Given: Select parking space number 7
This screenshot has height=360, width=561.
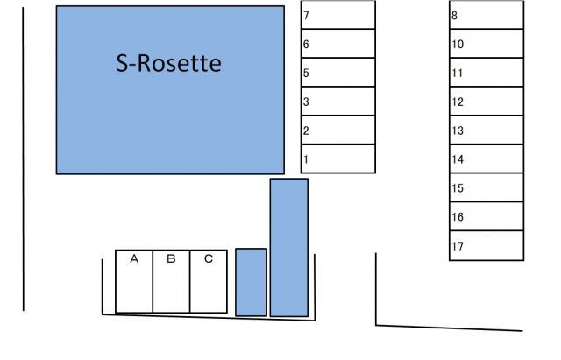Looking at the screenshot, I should click(x=337, y=16).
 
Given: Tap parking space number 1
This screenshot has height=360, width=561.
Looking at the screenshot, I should click(x=337, y=159).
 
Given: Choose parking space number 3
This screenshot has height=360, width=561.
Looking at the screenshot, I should click(x=337, y=102).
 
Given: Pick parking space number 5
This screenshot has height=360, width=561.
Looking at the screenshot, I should click(x=337, y=73).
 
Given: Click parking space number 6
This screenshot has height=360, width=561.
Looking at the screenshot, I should click(x=337, y=44).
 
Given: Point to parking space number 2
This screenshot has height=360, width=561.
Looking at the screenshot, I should click(x=337, y=131).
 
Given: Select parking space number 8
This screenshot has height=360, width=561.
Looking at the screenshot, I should click(x=487, y=15).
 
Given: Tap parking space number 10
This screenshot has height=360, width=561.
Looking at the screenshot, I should click(x=487, y=44).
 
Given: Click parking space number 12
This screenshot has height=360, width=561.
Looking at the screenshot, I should click(x=487, y=102).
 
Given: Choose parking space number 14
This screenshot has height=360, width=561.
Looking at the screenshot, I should click(x=487, y=159).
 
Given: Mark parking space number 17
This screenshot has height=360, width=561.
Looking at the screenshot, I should click(x=487, y=246).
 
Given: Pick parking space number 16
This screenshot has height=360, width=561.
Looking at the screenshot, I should click(x=487, y=217).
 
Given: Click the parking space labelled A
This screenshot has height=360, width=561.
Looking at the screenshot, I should click(x=134, y=281).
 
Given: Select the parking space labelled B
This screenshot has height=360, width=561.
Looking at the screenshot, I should click(x=172, y=281).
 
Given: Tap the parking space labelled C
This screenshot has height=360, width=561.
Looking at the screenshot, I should click(x=209, y=281).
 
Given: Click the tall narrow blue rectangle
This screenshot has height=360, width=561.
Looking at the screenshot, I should click(x=288, y=247).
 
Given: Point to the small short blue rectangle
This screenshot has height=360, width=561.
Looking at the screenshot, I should click(x=251, y=282).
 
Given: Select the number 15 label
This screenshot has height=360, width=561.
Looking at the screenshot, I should click(x=458, y=188).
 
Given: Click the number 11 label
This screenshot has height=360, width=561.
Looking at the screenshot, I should click(x=458, y=73).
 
